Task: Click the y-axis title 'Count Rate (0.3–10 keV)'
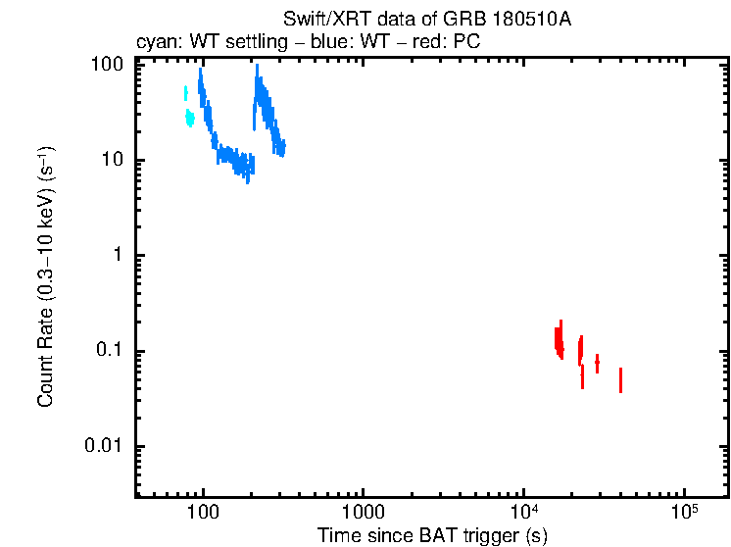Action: (x=46, y=276)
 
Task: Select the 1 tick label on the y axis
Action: (x=117, y=256)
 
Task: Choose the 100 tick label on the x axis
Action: (x=203, y=513)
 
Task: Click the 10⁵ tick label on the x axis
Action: (x=683, y=512)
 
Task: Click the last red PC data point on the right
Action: (x=620, y=379)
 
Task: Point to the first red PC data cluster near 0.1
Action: (x=559, y=340)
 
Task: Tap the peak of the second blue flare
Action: (x=257, y=71)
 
